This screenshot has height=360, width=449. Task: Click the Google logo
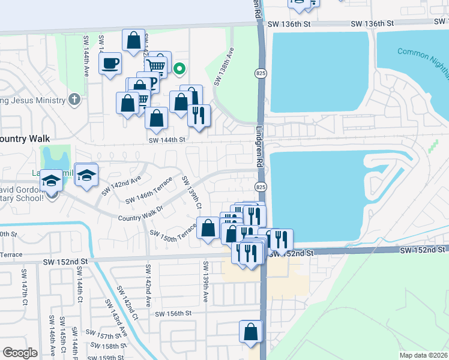(20, 353)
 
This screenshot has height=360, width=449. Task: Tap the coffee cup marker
(110, 64)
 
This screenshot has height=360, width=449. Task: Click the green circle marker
(179, 69)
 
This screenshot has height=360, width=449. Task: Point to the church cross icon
(74, 98)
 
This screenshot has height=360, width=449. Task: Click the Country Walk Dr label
(140, 215)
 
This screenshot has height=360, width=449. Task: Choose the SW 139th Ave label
(205, 282)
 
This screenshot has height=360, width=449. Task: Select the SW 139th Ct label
(191, 193)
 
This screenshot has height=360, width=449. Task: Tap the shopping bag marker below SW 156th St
(251, 332)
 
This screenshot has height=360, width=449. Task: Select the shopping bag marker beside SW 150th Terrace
(208, 229)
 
